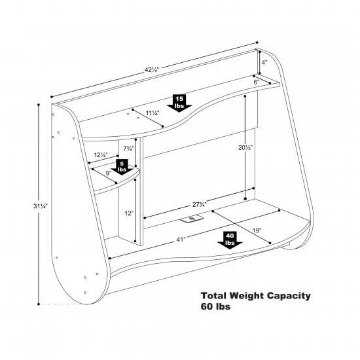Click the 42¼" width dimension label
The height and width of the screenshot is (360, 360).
tap(152, 69)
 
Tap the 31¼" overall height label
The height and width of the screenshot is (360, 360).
tap(41, 206)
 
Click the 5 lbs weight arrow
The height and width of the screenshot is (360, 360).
tap(122, 167)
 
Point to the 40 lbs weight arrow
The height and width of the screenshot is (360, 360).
tap(230, 240)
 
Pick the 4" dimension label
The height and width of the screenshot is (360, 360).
tap(264, 62)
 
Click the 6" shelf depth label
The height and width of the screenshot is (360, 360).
tap(257, 82)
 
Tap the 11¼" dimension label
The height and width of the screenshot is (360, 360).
tap(153, 113)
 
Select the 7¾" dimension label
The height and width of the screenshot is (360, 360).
tap(128, 149)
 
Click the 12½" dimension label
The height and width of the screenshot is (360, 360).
tap(101, 154)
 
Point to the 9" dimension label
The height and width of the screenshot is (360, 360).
tap(109, 173)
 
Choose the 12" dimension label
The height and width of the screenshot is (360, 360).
tap(129, 213)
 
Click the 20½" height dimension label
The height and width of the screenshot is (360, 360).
tap(245, 148)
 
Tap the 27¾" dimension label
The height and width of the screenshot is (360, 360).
tap(200, 204)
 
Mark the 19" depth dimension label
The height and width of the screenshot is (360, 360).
tap(257, 230)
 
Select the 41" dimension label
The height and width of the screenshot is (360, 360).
tap(181, 240)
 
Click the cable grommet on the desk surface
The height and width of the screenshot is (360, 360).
tap(192, 219)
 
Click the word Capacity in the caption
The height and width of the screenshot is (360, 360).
tap(289, 296)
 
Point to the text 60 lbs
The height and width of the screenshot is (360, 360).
tap(215, 306)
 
